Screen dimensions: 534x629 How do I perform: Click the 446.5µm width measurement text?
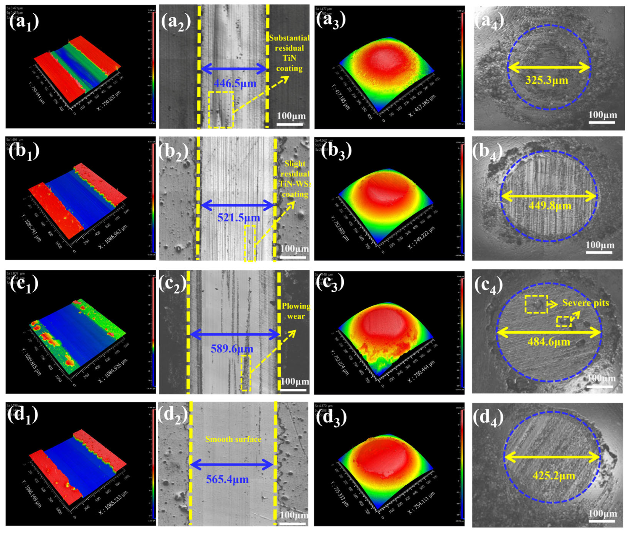[x=235, y=83]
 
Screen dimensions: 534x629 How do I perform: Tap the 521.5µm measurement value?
[x=239, y=218]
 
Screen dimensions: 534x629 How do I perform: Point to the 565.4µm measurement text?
[x=227, y=479]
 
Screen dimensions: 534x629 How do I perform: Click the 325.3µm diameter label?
[x=547, y=80]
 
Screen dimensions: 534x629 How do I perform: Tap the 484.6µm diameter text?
[x=549, y=342]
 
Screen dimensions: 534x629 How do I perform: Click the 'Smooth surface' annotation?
[x=233, y=439]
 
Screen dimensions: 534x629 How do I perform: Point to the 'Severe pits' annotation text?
[x=586, y=303]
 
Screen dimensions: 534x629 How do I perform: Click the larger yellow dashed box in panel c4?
[x=536, y=304]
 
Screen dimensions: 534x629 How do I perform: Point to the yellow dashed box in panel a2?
[x=221, y=109]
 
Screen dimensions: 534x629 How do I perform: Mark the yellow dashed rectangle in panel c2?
[x=246, y=373]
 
